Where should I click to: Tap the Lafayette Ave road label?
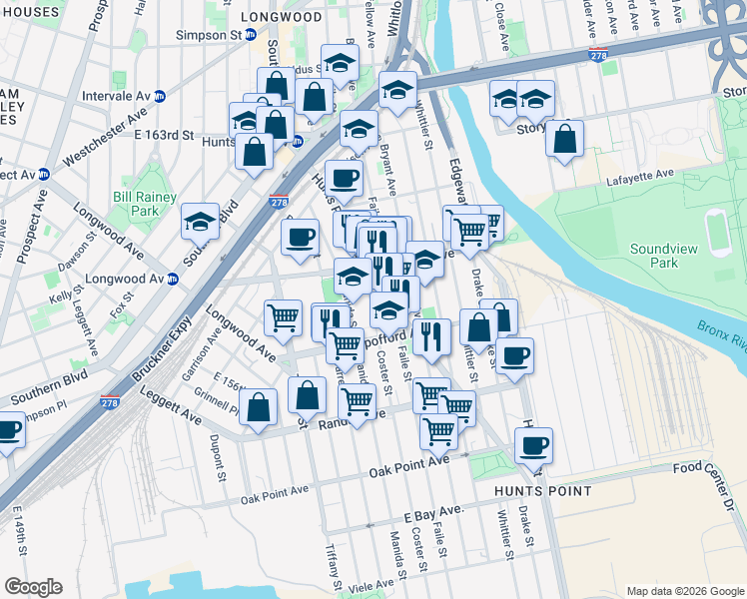[640, 176]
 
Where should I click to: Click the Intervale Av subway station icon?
[160, 96]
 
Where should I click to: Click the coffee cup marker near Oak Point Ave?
[533, 443]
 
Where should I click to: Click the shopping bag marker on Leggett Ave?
[258, 407]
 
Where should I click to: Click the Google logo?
[33, 586]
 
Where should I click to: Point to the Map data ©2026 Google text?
[685, 591]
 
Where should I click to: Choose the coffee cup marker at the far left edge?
[7, 432]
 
